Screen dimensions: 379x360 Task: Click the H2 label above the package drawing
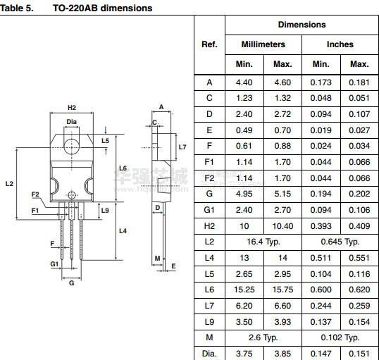[72, 108]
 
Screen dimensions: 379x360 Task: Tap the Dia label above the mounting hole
[72, 122]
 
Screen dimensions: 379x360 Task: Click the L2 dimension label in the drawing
[9, 184]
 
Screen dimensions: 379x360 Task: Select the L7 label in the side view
[182, 147]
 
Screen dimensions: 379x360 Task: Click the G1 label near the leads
[54, 263]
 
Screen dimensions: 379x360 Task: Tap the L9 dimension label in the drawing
[105, 211]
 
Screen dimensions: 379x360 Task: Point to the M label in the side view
[157, 259]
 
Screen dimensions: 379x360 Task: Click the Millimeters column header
[263, 44]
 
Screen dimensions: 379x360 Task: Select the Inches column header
[340, 44]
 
